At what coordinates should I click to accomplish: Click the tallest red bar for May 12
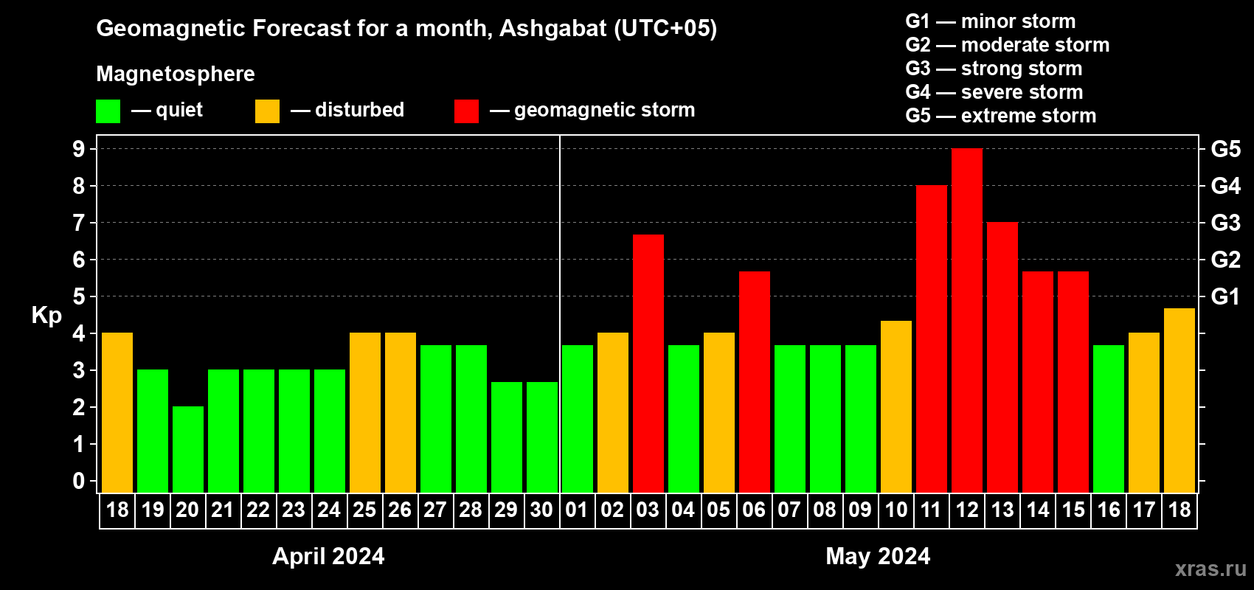tap(966, 321)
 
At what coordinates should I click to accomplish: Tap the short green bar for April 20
tap(187, 450)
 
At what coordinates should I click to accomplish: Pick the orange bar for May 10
tap(896, 407)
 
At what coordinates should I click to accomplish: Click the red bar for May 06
tap(754, 382)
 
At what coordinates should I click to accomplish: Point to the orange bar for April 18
tap(117, 413)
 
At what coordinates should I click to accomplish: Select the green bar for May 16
tap(1108, 419)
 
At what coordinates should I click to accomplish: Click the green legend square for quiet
tap(108, 111)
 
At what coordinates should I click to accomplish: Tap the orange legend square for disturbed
tap(267, 111)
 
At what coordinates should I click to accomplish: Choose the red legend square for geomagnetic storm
tap(466, 111)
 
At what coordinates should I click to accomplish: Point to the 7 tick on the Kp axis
tap(79, 223)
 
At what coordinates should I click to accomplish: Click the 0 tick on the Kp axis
tap(79, 482)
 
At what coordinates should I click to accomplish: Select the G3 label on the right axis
tap(1225, 223)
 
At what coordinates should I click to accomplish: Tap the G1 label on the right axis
tap(1225, 296)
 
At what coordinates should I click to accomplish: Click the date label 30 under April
tap(541, 510)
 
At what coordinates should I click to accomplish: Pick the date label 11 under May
tap(931, 510)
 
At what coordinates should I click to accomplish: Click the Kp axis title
tap(46, 316)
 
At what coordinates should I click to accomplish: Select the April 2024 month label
tap(328, 556)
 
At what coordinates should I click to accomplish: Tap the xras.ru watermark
tap(1210, 569)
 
